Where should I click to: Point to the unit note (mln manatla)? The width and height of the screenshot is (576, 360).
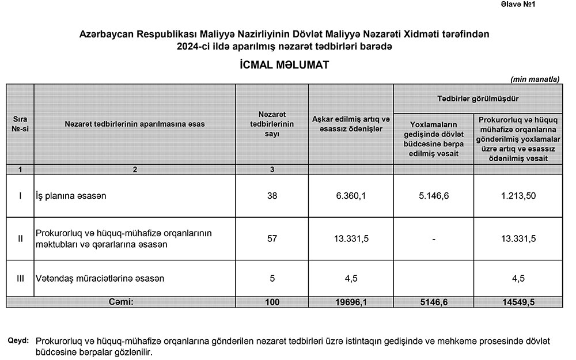tap(535, 78)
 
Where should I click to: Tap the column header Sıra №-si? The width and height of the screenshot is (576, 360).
tap(20, 124)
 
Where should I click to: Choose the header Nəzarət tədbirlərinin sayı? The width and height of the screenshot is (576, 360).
tap(272, 124)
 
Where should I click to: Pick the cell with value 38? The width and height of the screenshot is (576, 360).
tap(272, 196)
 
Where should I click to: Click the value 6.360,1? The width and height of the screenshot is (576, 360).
tap(351, 196)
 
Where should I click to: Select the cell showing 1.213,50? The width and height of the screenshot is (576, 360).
tap(518, 196)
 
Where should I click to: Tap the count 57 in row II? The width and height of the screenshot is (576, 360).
tap(272, 239)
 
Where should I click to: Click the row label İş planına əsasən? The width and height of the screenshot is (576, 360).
tap(71, 196)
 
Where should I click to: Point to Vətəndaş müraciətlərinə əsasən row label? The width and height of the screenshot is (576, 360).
tap(100, 278)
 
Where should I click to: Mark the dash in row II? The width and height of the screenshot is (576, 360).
tap(434, 239)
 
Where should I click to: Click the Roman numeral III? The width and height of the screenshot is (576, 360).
tap(20, 278)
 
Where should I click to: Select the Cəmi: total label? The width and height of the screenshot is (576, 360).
tap(121, 301)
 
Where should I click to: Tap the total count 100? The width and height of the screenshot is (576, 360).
tap(272, 301)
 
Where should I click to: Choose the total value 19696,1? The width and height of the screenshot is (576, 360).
tap(351, 301)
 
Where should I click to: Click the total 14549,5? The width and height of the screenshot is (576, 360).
tap(518, 301)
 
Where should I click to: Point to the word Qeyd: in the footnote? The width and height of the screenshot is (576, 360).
tap(18, 340)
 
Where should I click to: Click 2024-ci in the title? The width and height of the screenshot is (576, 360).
tap(196, 46)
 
